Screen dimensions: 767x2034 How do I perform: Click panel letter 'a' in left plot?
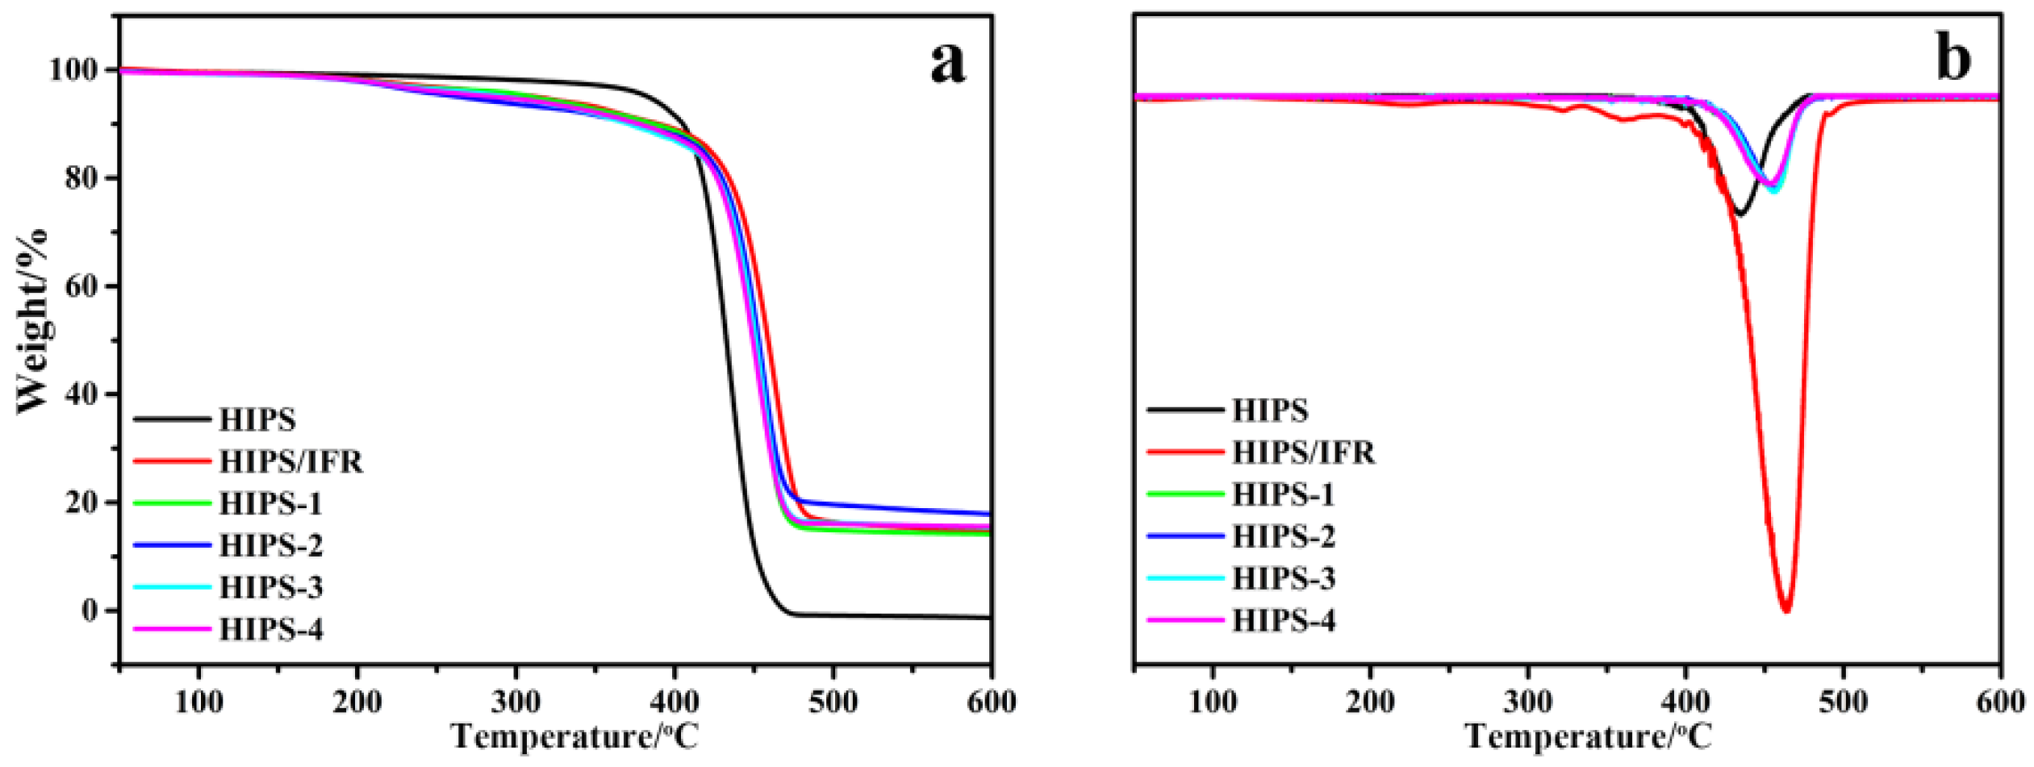click(947, 63)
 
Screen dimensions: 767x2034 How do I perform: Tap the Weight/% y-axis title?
click(32, 323)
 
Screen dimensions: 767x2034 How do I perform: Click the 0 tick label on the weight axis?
click(90, 611)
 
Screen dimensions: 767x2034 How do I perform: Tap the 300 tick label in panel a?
click(516, 702)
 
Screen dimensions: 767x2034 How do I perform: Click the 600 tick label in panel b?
click(1999, 702)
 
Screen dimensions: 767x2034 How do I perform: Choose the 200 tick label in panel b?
click(1369, 702)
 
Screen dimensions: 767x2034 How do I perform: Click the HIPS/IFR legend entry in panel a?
click(290, 461)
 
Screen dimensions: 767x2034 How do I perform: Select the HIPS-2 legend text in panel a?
click(271, 545)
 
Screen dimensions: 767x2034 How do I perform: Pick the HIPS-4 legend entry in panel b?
click(1283, 620)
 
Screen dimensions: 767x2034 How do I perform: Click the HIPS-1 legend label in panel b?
click(1283, 494)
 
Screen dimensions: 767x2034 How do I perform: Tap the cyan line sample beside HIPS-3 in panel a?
click(172, 587)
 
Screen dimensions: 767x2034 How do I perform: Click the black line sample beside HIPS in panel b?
click(1184, 410)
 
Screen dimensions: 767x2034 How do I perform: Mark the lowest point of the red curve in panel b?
click(1786, 610)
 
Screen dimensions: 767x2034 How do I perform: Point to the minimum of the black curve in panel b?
click(1740, 215)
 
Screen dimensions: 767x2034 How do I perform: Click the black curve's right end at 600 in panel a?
click(989, 617)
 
